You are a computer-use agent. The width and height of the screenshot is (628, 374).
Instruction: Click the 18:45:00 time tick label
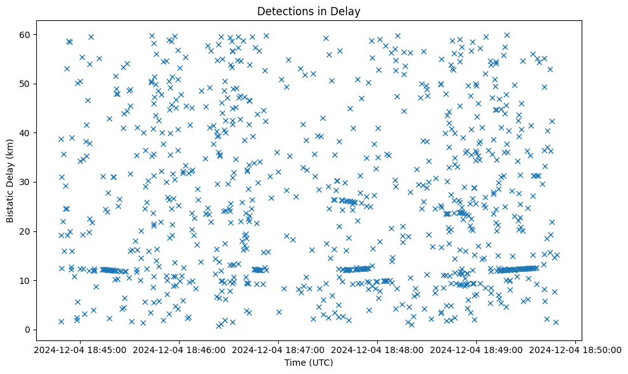(79, 349)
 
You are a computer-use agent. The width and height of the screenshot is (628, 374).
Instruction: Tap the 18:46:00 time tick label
(178, 349)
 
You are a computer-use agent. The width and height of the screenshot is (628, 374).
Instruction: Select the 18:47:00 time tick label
(278, 349)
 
